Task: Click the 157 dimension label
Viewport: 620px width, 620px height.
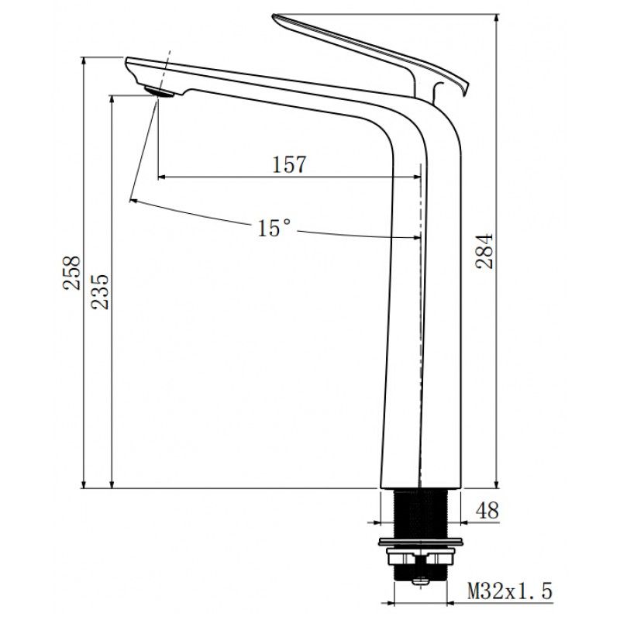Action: click(290, 164)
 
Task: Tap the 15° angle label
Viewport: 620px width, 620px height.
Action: click(274, 228)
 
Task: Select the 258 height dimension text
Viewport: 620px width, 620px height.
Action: click(72, 273)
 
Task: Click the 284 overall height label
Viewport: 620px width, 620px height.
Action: click(484, 250)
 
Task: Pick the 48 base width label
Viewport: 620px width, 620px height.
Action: click(487, 511)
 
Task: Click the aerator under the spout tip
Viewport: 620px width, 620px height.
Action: click(160, 93)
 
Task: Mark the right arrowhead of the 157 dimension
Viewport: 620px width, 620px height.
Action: click(416, 177)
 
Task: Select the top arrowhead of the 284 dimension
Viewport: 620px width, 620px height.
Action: click(496, 17)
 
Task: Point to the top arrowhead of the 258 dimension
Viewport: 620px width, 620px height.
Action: click(84, 60)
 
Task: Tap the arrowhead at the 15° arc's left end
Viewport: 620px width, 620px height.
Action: click(134, 201)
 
